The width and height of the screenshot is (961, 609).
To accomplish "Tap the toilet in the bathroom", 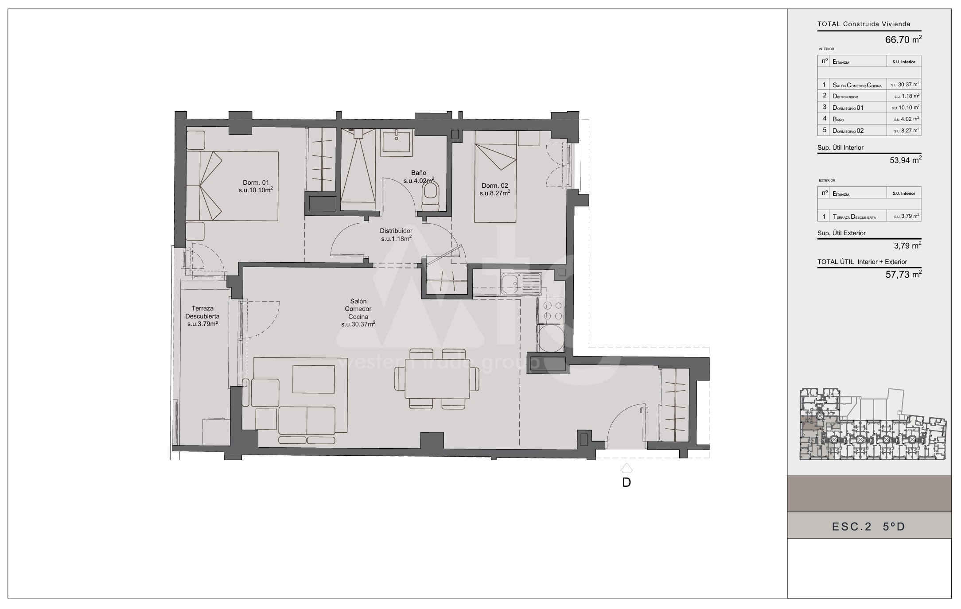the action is [430, 198].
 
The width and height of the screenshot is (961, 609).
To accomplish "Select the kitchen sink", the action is [521, 283].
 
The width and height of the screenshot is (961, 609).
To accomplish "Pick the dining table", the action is [437, 379].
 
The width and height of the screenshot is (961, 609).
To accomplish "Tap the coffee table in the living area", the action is [314, 379].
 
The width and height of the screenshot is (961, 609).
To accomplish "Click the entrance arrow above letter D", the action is [626, 468].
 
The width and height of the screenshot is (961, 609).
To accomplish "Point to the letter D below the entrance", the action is [626, 482].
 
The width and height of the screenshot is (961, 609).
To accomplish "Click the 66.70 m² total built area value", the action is [903, 39].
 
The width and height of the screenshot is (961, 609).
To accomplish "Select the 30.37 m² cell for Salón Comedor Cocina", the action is [905, 85].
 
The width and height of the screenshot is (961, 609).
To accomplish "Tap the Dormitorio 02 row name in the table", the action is [848, 131].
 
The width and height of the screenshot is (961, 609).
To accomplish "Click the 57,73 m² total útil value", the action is [903, 274].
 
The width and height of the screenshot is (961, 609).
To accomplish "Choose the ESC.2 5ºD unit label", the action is [868, 526].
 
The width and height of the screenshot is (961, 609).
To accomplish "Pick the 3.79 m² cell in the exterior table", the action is [907, 217].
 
